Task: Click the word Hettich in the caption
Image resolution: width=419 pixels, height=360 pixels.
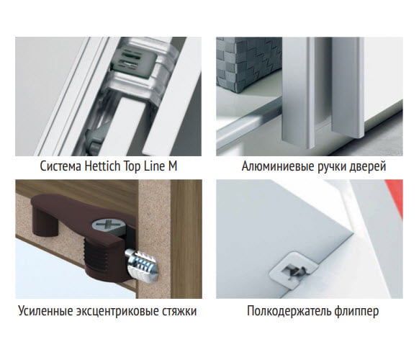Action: pos(102,166)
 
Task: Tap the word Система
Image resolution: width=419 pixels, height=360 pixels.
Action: pos(60,166)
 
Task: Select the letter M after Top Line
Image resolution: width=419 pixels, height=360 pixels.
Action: pos(172,166)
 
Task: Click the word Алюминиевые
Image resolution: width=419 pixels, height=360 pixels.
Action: pos(278,166)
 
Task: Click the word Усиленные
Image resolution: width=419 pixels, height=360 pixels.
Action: pos(45,311)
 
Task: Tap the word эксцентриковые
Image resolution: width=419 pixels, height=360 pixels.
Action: pos(117,312)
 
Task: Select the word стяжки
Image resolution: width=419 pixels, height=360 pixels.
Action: pos(179,312)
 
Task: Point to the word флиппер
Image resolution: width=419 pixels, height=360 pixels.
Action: pos(356,312)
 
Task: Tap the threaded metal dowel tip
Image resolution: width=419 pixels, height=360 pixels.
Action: pos(142,264)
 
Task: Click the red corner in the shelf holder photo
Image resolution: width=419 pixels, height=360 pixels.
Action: pos(395,195)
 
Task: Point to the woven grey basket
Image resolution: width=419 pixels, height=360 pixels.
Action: pos(248,64)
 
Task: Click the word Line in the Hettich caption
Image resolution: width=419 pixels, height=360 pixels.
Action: pos(154,166)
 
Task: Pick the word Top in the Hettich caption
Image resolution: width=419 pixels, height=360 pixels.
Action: pos(132,167)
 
